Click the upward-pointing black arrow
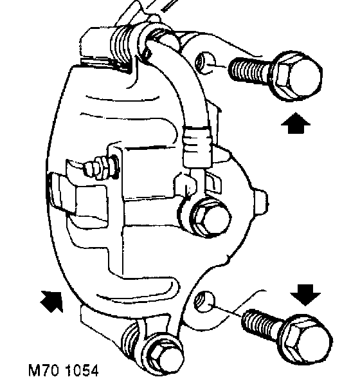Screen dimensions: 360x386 [296, 123]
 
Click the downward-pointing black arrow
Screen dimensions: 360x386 [305, 295]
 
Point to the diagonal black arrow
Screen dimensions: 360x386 [52, 301]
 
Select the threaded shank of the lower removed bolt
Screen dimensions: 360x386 [264, 324]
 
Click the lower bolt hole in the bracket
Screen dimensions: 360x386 [204, 301]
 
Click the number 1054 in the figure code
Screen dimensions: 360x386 [82, 371]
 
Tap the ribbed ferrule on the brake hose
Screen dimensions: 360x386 [197, 147]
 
